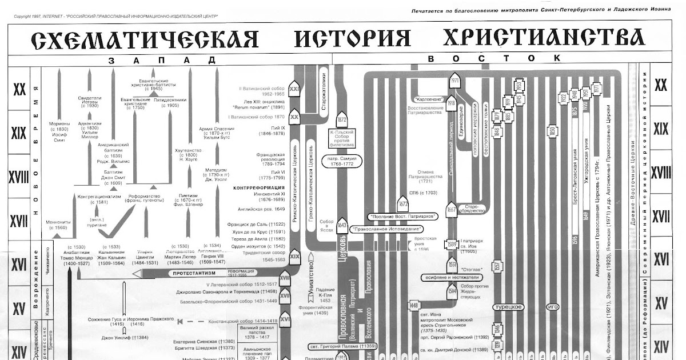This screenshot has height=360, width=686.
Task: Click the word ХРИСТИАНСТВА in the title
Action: pyautogui.click(x=544, y=39)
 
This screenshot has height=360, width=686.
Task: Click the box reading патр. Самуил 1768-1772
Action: pyautogui.click(x=342, y=161)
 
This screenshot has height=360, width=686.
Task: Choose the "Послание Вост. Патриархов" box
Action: pyautogui.click(x=395, y=216)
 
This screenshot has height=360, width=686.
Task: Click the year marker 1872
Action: pyautogui.click(x=342, y=121)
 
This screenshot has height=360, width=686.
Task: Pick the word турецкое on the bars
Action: pyautogui.click(x=510, y=307)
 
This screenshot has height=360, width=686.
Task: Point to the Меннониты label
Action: pyautogui.click(x=59, y=224)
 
